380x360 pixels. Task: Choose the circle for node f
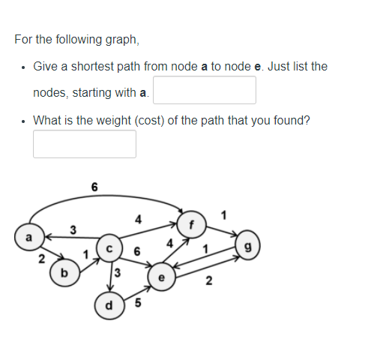191,222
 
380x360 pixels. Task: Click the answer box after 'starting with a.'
205,91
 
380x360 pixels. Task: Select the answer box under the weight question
85,144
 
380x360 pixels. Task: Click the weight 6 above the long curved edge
94,186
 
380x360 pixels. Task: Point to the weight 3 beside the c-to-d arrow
118,271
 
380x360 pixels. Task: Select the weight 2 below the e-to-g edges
208,282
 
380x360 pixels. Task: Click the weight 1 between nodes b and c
85,255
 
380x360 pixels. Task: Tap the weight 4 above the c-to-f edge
136,220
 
